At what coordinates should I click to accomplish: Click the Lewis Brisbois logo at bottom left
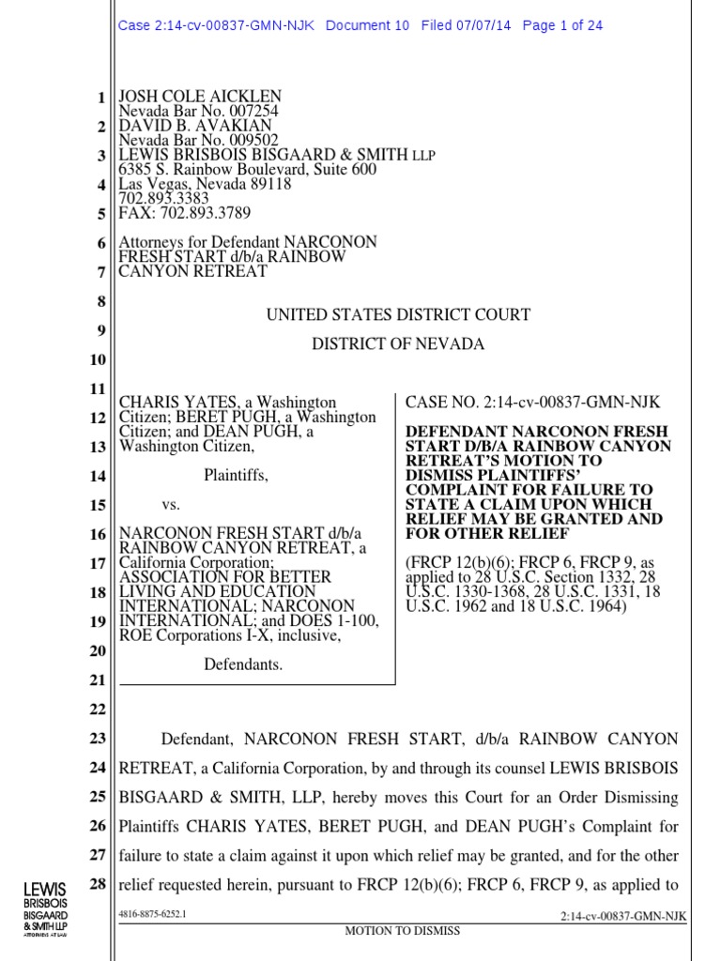(x=46, y=907)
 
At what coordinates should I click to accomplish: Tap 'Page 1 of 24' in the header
(x=562, y=25)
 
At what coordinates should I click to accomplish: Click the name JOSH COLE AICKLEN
(x=199, y=97)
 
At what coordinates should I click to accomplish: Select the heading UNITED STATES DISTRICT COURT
(x=398, y=315)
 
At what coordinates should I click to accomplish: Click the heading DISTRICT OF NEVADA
(x=398, y=344)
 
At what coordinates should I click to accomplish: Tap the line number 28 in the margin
(x=98, y=885)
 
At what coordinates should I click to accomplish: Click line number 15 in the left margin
(x=98, y=506)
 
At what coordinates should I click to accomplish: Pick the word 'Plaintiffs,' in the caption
(x=236, y=476)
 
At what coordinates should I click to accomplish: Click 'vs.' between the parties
(x=171, y=505)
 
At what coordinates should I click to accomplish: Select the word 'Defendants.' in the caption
(x=243, y=664)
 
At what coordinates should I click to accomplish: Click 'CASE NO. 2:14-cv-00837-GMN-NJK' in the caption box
(x=532, y=402)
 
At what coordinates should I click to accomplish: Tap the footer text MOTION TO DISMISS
(x=403, y=930)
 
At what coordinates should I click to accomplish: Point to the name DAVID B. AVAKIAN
(x=193, y=126)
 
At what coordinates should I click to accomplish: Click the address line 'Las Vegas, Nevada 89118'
(x=205, y=184)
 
